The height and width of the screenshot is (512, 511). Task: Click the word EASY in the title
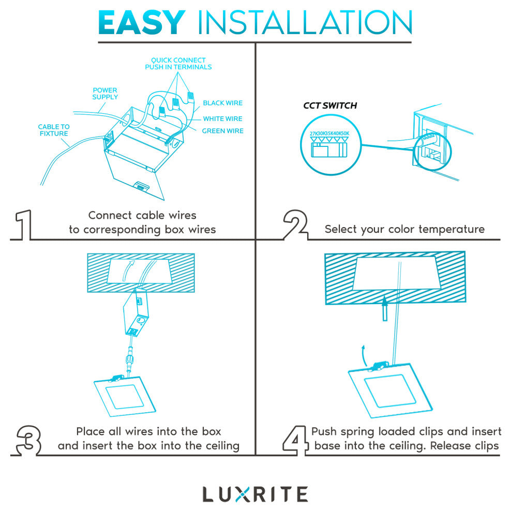click(x=142, y=22)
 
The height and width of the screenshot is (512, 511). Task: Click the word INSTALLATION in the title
click(x=305, y=22)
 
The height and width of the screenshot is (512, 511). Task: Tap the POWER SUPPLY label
click(x=105, y=94)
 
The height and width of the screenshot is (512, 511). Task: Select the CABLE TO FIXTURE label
click(x=54, y=130)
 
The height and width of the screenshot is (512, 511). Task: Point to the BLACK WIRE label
click(x=223, y=103)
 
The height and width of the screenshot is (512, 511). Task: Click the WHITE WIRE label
click(x=223, y=118)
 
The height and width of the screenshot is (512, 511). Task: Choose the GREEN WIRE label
click(x=223, y=131)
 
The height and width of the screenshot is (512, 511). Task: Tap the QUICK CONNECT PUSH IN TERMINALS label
click(x=178, y=63)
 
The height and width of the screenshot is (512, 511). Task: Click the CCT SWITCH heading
click(x=330, y=106)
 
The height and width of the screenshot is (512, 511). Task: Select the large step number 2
click(x=296, y=224)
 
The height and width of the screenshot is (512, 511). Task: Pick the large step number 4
click(x=295, y=440)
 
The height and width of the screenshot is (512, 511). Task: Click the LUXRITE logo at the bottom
click(x=255, y=494)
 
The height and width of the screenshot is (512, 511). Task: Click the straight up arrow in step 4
click(x=385, y=308)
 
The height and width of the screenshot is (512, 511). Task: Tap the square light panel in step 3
click(x=125, y=397)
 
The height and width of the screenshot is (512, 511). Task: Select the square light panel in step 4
click(x=390, y=390)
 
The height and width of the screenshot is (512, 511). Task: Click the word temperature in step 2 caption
click(x=452, y=229)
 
